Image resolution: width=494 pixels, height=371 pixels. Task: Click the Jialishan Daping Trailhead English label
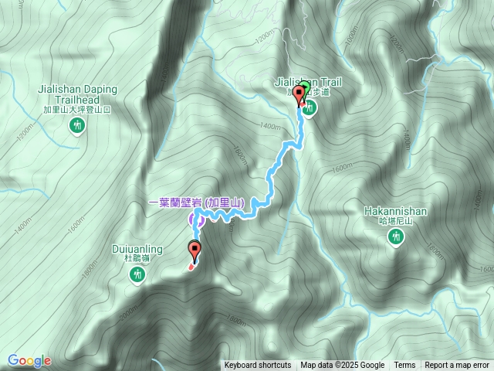(77, 94)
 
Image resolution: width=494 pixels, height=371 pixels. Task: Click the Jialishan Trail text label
(307, 80)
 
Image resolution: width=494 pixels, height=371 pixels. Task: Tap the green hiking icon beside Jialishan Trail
(310, 109)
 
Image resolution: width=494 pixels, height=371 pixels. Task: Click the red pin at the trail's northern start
(299, 97)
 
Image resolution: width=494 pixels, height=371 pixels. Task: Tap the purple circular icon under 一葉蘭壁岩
(197, 220)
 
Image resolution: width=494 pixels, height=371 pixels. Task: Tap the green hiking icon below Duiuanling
(138, 275)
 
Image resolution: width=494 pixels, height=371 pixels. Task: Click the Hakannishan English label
(395, 210)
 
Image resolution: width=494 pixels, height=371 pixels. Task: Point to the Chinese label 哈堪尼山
(395, 221)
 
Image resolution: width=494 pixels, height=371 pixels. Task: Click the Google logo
(29, 360)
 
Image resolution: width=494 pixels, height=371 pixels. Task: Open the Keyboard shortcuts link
(258, 366)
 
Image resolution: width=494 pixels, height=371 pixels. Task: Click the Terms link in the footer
(404, 366)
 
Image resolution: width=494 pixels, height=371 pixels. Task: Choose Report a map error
(458, 366)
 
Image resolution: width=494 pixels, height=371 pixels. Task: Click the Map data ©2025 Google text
(343, 366)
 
